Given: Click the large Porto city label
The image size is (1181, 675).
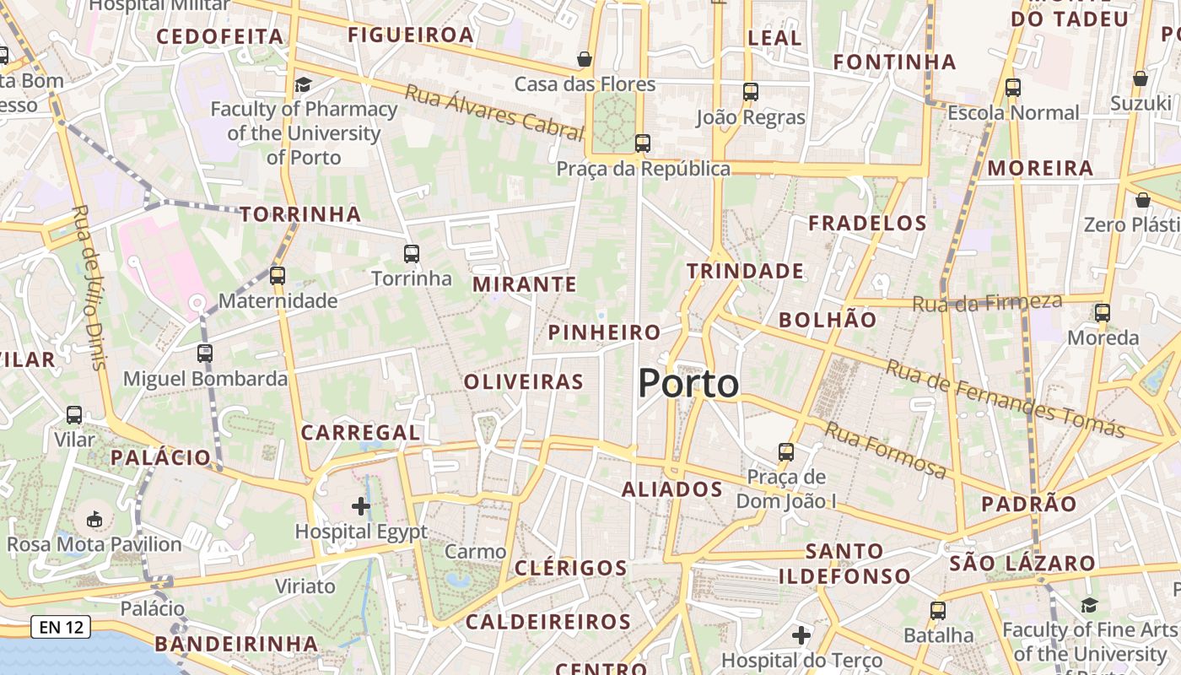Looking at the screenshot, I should click(688, 384).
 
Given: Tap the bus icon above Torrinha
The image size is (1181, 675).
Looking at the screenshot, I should click(412, 253).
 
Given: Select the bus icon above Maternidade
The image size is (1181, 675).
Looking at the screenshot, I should click(278, 275).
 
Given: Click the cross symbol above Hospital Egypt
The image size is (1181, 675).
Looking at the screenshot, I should click(361, 506).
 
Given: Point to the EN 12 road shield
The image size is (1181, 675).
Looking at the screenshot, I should click(61, 628).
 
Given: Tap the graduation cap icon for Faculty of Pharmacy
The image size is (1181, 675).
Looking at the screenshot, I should click(303, 84).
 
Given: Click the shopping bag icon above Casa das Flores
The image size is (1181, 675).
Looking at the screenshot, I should click(584, 59).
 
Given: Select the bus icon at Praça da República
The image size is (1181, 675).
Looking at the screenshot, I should click(643, 143).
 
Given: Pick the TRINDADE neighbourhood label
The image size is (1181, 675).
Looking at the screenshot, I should click(745, 271).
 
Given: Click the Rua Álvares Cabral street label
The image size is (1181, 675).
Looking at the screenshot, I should click(494, 111).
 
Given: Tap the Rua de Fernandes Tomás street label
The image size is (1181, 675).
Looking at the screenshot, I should click(1004, 397).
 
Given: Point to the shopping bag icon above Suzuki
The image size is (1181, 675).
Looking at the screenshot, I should click(1141, 78).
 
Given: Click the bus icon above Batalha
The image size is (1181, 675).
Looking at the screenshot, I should click(938, 610).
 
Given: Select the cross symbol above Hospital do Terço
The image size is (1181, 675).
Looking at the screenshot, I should click(801, 634).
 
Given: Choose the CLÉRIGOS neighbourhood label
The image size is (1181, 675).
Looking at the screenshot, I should click(571, 568).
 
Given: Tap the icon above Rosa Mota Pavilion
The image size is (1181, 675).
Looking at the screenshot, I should click(94, 519).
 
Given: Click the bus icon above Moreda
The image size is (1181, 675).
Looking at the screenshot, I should click(1103, 313).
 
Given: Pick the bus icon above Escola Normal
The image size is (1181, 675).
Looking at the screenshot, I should click(1013, 88).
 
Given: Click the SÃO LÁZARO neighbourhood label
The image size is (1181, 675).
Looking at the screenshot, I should click(1022, 563).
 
